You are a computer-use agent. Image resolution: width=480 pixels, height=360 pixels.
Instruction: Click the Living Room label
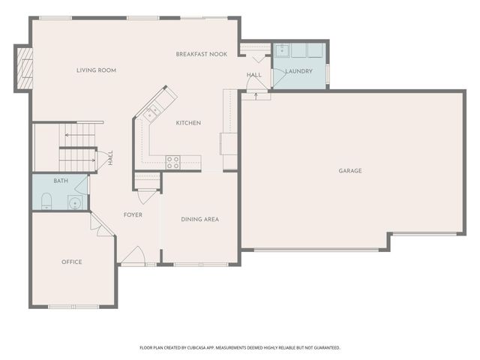tap(96, 70)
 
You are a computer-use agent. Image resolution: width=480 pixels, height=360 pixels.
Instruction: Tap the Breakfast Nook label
tap(202, 54)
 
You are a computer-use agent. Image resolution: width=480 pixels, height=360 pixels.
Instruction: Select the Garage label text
tap(350, 171)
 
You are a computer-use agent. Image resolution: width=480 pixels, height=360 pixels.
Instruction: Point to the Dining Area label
tap(200, 219)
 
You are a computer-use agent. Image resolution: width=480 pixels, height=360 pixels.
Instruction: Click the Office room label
tap(72, 262)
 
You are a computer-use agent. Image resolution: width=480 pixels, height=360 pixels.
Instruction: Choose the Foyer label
tap(133, 215)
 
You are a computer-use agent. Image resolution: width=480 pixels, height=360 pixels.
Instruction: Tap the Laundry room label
tap(299, 72)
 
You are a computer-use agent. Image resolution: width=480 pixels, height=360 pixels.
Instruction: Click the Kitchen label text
tap(188, 123)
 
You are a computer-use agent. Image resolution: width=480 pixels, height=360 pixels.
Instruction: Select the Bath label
tap(60, 181)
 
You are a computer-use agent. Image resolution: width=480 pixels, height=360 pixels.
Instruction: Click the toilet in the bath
tap(46, 200)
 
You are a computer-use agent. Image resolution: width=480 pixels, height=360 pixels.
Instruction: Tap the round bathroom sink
tap(73, 202)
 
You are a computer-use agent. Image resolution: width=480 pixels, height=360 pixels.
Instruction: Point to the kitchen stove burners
tap(172, 160)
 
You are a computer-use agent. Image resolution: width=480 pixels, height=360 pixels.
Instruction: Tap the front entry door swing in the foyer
tap(133, 256)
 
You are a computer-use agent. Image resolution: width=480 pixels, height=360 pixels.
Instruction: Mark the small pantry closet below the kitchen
tap(147, 181)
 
